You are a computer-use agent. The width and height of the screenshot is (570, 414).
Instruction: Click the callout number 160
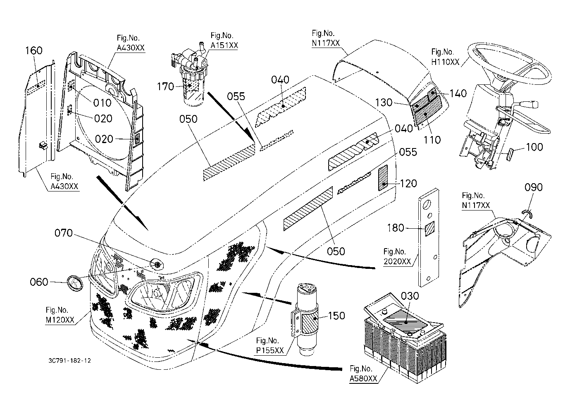(34, 50)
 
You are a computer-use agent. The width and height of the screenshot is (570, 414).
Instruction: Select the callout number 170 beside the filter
(165, 87)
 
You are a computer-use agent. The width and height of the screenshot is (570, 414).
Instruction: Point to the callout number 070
(64, 233)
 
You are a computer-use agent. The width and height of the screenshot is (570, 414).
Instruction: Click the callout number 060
(39, 282)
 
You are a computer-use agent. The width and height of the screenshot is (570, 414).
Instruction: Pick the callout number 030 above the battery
(410, 296)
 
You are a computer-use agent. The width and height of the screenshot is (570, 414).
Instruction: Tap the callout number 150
(336, 316)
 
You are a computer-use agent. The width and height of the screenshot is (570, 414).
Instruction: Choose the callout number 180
(396, 228)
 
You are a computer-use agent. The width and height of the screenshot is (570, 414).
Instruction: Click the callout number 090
(533, 187)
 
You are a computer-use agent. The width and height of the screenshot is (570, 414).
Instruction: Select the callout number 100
(534, 147)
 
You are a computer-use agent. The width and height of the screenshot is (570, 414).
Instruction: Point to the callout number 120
(408, 183)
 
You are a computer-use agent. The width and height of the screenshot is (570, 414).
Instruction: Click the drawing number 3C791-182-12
(69, 361)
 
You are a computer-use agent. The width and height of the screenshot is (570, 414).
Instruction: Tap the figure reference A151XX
(224, 45)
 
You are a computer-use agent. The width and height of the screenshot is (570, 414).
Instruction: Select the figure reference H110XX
(445, 62)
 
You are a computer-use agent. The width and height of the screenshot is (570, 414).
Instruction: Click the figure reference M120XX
(60, 320)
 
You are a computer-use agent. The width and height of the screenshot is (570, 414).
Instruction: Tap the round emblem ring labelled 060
(75, 285)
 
